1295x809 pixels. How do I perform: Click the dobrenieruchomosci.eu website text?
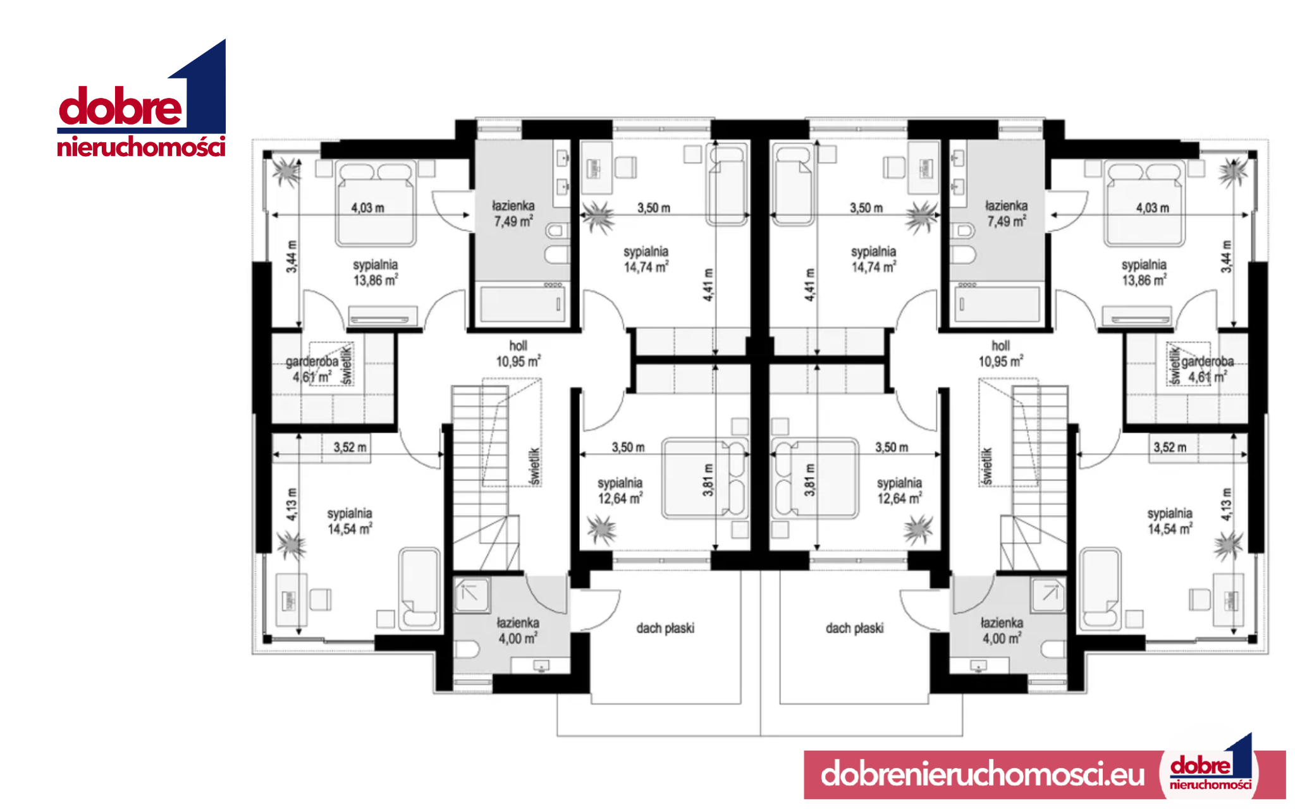click(982, 774)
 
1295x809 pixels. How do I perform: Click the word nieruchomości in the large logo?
click(141, 147)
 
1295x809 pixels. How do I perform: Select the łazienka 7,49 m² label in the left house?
click(513, 214)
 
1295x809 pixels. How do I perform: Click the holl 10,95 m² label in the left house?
click(518, 354)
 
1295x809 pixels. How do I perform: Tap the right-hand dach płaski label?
click(854, 628)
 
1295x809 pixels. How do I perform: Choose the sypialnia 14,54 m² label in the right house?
click(1170, 521)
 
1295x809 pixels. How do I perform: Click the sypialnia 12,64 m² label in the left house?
click(620, 490)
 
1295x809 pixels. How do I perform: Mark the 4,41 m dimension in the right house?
click(809, 285)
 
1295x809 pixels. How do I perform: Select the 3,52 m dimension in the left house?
click(350, 447)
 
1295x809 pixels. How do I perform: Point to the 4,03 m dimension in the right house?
click(1152, 208)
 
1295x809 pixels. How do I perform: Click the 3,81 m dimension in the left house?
click(708, 480)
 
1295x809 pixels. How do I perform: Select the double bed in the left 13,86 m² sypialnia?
click(376, 203)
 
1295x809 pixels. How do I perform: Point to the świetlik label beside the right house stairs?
click(986, 467)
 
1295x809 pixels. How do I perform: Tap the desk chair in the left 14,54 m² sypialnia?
click(320, 599)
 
